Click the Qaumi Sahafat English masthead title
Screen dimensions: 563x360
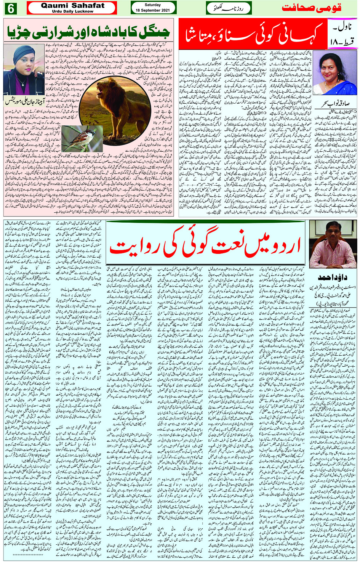(x=72, y=5)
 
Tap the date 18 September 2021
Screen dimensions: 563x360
(x=153, y=10)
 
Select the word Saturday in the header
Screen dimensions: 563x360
(x=153, y=5)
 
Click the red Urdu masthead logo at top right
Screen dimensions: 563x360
(x=311, y=8)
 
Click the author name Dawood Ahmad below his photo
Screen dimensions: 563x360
(x=332, y=277)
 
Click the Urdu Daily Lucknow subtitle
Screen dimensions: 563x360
(x=72, y=11)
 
